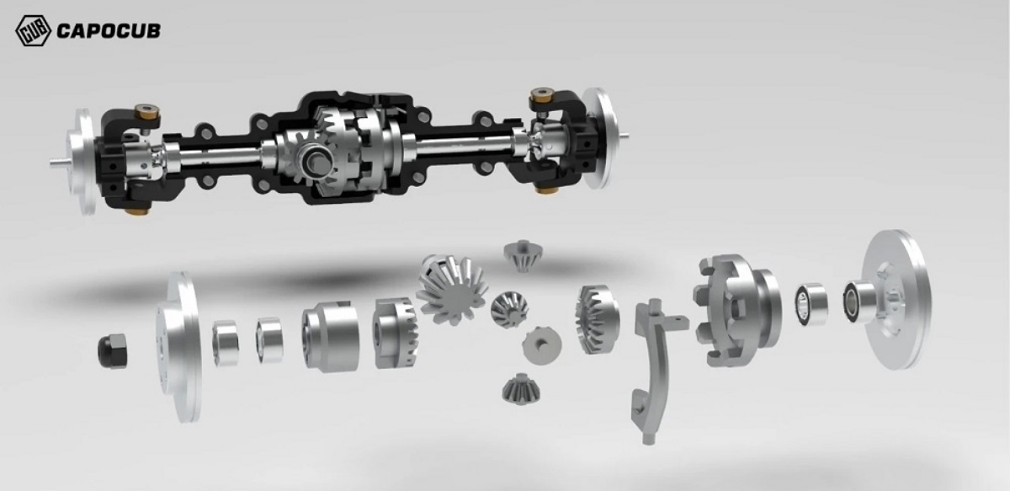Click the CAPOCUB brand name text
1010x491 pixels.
[109, 31]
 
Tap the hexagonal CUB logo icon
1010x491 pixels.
[33, 30]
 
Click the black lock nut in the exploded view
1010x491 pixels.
[112, 350]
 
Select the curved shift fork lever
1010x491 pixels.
[654, 370]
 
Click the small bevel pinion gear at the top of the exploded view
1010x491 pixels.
[523, 255]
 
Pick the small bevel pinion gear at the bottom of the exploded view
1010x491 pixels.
[521, 388]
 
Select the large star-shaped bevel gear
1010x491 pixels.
[452, 289]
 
